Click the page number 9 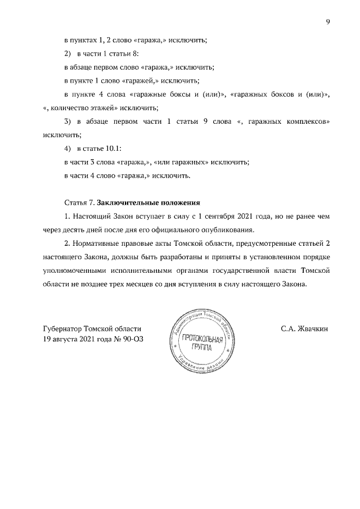pos(327,22)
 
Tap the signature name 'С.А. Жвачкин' pos(304,328)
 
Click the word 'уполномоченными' pos(71,271)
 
